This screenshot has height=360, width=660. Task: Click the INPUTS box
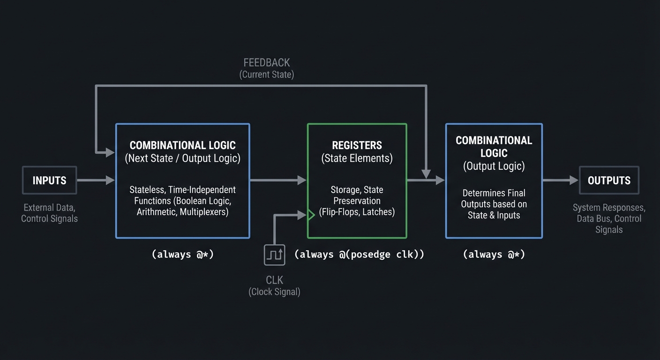(x=49, y=180)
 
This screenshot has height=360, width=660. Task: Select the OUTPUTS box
(x=609, y=180)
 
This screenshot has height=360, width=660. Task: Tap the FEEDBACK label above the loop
(x=267, y=62)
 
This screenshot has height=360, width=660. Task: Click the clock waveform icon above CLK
(x=274, y=255)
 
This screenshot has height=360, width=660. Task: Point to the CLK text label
(x=274, y=280)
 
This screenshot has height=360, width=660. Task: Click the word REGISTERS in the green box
(x=357, y=145)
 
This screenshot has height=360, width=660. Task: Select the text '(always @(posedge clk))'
(x=359, y=255)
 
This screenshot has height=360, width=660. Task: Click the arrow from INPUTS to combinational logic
(x=96, y=180)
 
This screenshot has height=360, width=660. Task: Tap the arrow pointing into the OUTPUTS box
(x=561, y=180)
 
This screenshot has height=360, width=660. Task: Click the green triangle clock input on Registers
(x=310, y=215)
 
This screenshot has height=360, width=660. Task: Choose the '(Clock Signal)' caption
(x=274, y=292)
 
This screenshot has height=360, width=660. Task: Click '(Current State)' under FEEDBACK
(x=267, y=75)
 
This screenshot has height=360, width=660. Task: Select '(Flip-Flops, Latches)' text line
(x=357, y=212)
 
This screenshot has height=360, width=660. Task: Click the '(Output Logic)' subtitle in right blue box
(x=494, y=166)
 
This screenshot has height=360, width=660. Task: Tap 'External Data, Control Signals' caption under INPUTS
(x=49, y=213)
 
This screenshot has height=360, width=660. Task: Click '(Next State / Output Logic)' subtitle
(x=182, y=158)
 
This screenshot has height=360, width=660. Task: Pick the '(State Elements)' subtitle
(x=357, y=158)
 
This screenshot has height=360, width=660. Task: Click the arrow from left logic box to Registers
(x=278, y=180)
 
